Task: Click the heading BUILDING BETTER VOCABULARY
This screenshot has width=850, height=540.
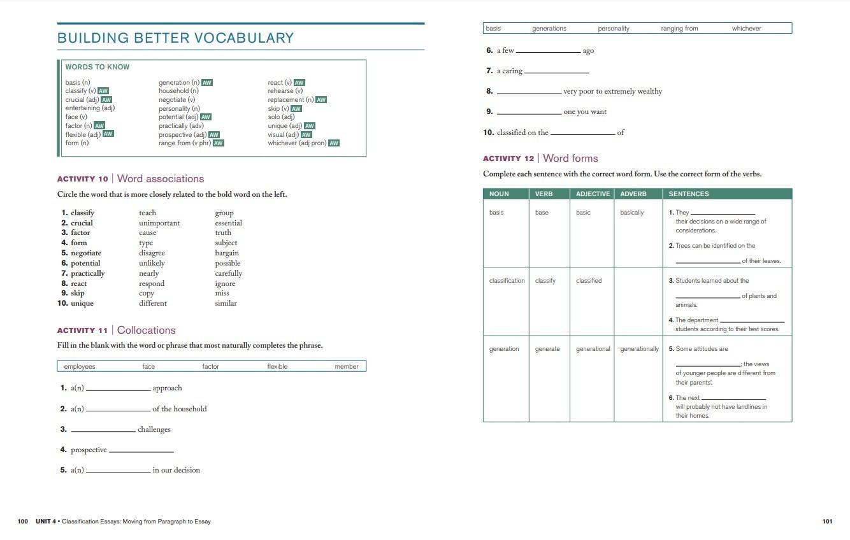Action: coord(175,38)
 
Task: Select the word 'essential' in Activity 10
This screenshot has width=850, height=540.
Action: coord(228,223)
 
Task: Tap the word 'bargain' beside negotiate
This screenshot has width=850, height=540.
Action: coord(227,253)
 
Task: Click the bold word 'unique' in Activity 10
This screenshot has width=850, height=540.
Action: coord(82,303)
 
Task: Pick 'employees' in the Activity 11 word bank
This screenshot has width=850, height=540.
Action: coord(80,366)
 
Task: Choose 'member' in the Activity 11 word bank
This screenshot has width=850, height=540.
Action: coord(346,366)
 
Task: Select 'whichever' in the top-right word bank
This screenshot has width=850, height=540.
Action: coord(746,29)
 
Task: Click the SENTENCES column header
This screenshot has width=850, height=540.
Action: coord(688,194)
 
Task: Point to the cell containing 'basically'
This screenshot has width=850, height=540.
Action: coord(631,213)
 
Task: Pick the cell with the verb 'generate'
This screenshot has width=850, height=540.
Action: coord(547,349)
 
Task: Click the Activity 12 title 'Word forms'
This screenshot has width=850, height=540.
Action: coord(570,158)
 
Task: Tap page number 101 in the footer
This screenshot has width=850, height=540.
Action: coord(827,522)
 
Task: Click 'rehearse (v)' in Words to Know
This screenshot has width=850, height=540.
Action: coord(285,91)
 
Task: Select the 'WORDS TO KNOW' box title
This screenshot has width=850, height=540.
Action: coord(97,67)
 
